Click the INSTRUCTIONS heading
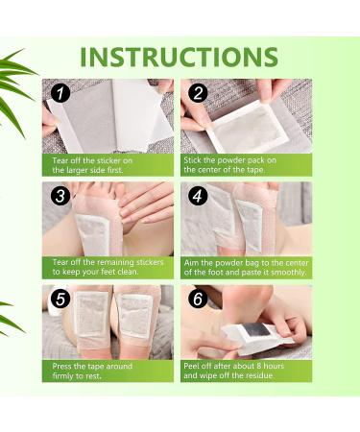point(179,56)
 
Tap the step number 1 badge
point(60,94)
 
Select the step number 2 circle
point(199,94)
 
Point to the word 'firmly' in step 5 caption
point(70,374)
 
